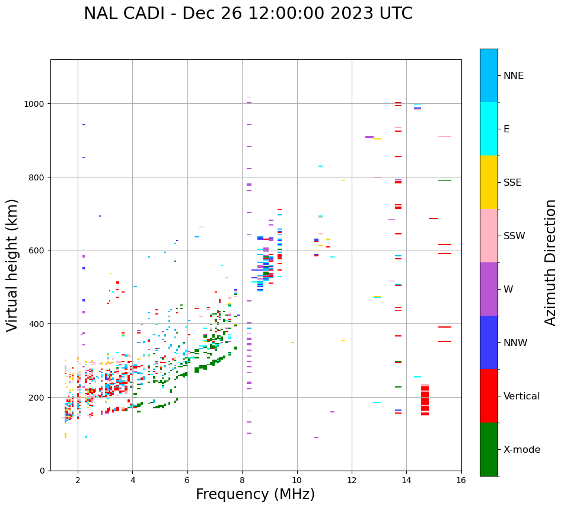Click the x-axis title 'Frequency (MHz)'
[x=255, y=494]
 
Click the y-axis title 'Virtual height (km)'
[x=12, y=265]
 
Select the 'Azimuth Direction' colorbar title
[x=551, y=262]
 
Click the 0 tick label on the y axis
[x=42, y=471]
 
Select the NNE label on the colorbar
[x=514, y=76]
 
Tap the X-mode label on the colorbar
[x=522, y=450]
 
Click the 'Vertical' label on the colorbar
[x=522, y=396]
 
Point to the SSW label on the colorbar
[x=514, y=236]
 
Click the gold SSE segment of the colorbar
[x=489, y=182]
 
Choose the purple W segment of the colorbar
[x=489, y=289]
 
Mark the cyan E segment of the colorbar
[x=489, y=129]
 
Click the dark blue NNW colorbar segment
[x=489, y=342]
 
